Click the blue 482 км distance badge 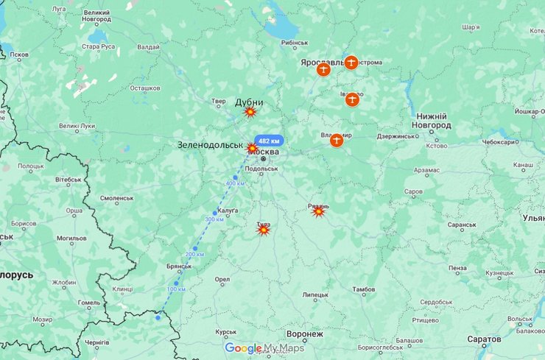point(269,141)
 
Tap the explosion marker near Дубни point(250,112)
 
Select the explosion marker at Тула point(263,230)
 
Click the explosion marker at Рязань point(318,211)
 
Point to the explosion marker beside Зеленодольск point(252,148)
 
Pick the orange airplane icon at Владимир point(337,139)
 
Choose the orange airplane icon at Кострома point(351,63)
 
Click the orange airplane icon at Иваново point(352,99)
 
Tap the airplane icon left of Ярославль point(323,69)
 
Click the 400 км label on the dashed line point(235,183)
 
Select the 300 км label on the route point(214,219)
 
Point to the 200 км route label point(194,254)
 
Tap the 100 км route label point(177,289)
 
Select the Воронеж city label point(304,334)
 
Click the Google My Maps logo point(264,348)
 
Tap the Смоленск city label point(117,198)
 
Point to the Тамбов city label point(364,290)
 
